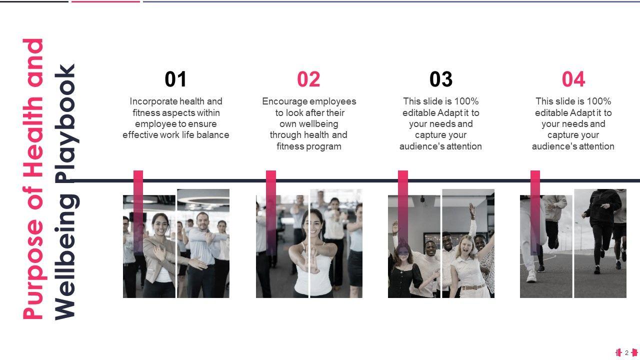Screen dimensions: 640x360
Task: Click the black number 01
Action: (175, 79)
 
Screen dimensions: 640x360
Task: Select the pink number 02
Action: (308, 79)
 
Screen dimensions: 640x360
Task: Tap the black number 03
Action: (441, 79)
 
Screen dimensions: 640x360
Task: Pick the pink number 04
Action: (573, 79)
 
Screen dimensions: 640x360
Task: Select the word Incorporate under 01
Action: (153, 101)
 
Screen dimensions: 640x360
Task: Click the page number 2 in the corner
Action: (626, 352)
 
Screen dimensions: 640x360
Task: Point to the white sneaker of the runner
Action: (531, 276)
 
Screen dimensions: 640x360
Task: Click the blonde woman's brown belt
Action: (473, 287)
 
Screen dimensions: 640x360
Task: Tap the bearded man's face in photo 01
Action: (202, 221)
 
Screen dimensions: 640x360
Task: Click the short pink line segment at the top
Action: (105, 1)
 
